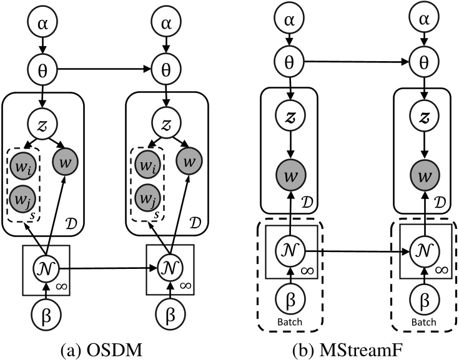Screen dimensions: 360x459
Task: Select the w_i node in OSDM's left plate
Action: pyautogui.click(x=22, y=166)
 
